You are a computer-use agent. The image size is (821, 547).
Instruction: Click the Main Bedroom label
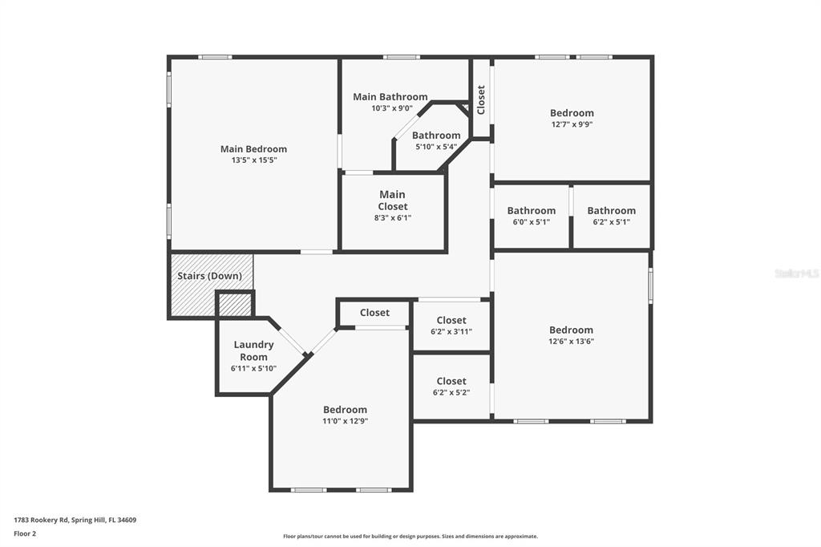click(x=253, y=149)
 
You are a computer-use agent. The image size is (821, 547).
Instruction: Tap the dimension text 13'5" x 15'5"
click(x=254, y=160)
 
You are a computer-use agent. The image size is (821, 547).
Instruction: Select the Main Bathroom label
click(x=390, y=97)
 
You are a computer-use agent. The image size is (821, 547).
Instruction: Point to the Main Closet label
click(x=393, y=201)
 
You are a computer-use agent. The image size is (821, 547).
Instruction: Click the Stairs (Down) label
click(x=209, y=276)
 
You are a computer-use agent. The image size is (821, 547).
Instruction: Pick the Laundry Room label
click(x=253, y=350)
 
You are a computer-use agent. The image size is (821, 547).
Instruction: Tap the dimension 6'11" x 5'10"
click(x=253, y=368)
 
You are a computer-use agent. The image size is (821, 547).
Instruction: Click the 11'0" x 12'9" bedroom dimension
click(x=345, y=421)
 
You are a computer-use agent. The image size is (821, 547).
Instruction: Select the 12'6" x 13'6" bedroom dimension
click(x=571, y=341)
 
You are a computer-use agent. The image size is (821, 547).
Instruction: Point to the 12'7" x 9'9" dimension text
click(x=572, y=124)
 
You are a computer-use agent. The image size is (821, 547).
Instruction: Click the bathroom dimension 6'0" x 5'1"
click(x=531, y=221)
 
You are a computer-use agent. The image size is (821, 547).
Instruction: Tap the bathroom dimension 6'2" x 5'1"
click(x=611, y=221)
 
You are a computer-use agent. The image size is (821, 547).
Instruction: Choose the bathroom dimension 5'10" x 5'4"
click(x=436, y=147)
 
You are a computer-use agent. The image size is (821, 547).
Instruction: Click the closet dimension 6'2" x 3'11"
click(x=451, y=331)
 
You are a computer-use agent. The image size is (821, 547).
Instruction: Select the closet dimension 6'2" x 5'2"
click(x=451, y=392)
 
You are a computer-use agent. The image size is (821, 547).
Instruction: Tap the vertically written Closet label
click(x=481, y=99)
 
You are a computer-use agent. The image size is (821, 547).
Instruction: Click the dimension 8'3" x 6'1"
click(x=393, y=217)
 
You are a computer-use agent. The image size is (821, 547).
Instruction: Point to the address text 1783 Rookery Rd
click(x=41, y=520)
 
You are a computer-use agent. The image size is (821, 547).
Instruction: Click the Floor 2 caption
click(x=25, y=533)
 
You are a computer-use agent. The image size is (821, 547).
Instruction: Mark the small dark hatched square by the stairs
click(x=235, y=305)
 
